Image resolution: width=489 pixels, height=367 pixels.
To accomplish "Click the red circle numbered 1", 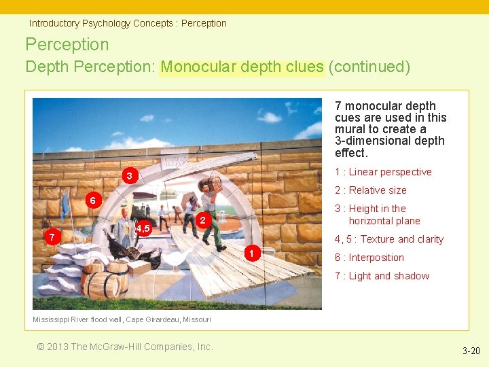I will (251, 254).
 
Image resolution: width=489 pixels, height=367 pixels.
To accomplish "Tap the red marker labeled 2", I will (202, 220).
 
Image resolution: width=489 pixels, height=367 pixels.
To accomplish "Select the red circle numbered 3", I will (129, 177).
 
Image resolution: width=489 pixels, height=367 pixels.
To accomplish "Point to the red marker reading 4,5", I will (143, 228).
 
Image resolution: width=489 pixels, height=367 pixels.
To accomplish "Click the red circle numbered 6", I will (94, 200).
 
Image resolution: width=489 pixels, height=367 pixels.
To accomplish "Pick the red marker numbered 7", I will (51, 237).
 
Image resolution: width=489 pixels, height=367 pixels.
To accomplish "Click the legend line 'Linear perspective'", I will (383, 172).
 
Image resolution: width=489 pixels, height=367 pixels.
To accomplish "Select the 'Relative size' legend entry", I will (370, 190).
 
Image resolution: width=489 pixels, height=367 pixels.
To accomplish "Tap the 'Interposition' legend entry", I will (369, 258).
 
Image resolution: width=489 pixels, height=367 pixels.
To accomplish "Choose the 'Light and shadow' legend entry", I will (382, 276).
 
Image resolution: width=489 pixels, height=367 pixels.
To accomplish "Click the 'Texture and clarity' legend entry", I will (388, 239).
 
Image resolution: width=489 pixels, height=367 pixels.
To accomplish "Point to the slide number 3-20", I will (471, 351).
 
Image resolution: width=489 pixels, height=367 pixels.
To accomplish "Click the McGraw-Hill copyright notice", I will (125, 347).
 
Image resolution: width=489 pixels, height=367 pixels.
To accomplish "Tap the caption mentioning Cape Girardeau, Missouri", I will (122, 319).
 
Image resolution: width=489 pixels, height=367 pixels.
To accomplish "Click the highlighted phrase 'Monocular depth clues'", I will (242, 67).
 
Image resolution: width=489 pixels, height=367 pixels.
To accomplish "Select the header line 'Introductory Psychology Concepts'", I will (128, 23).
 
